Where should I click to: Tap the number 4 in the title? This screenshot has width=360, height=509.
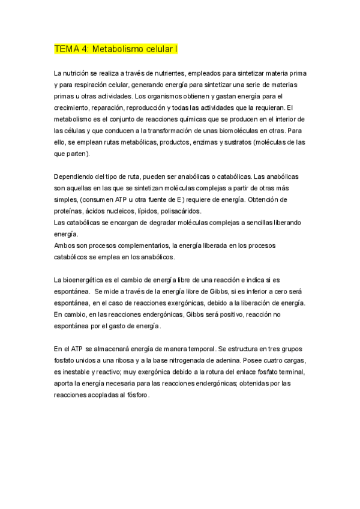pyautogui.click(x=85, y=49)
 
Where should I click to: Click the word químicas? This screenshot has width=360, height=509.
pyautogui.click(x=178, y=119)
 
